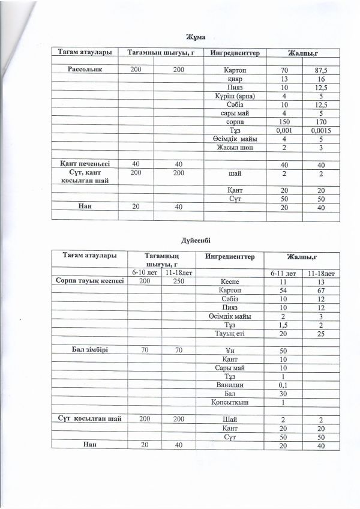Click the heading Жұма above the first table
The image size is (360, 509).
(198, 37)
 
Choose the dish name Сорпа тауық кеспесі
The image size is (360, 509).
(89, 281)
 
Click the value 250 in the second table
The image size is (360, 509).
(178, 281)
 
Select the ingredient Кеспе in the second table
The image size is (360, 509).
(231, 281)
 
